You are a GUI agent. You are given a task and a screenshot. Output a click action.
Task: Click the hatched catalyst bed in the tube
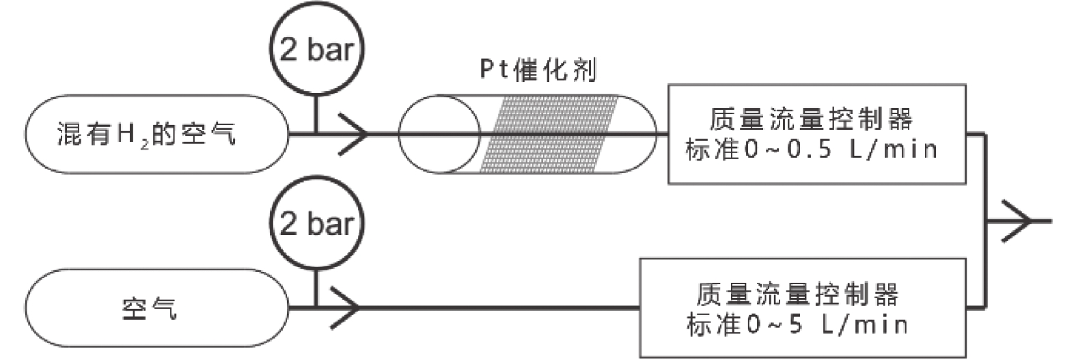pyautogui.click(x=549, y=134)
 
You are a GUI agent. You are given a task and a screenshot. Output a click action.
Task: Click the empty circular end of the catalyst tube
pyautogui.click(x=439, y=134)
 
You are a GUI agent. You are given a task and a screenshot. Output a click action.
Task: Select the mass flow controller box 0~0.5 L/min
pyautogui.click(x=816, y=134)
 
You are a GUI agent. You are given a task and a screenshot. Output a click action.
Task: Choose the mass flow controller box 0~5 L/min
pyautogui.click(x=803, y=308)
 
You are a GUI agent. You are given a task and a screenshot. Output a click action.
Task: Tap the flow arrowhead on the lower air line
pyautogui.click(x=346, y=308)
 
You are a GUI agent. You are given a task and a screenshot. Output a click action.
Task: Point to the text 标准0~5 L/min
pyautogui.click(x=797, y=324)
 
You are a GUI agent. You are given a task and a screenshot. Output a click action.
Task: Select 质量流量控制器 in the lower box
pyautogui.click(x=797, y=294)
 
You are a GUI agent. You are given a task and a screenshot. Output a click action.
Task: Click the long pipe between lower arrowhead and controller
pyautogui.click(x=499, y=308)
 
